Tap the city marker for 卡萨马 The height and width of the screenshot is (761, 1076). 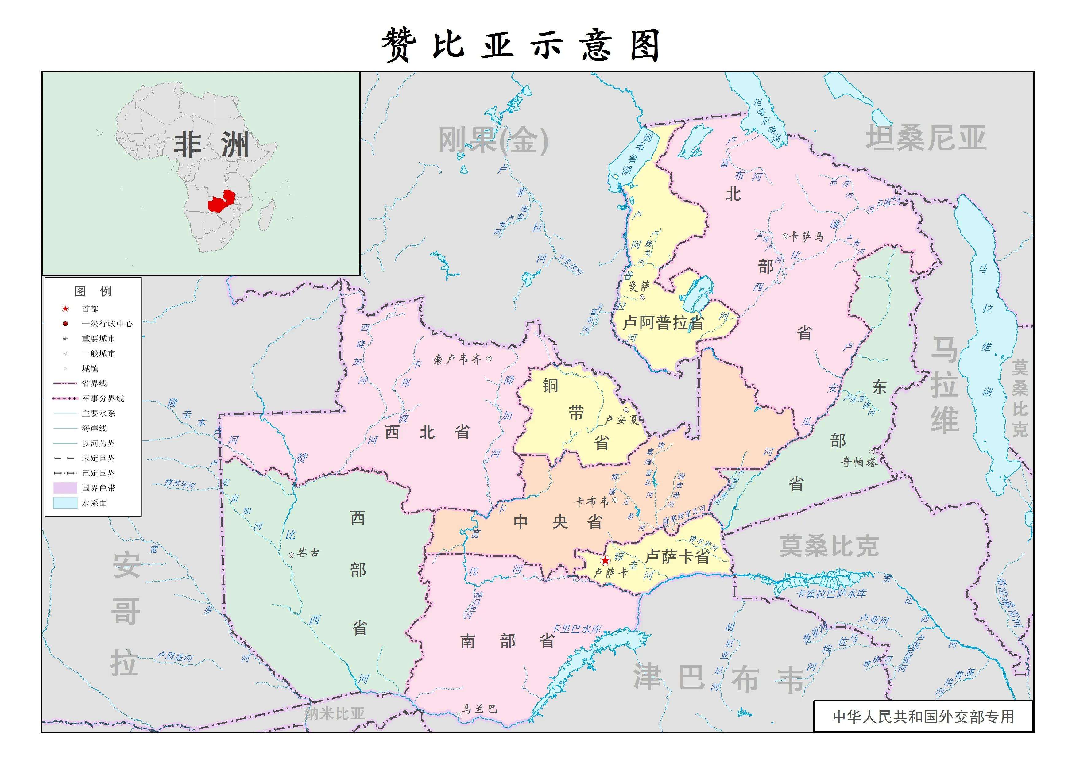(785, 236)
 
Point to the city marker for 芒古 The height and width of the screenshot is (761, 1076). (292, 555)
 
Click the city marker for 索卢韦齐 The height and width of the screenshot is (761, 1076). (489, 359)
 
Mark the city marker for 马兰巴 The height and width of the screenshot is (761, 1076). (458, 714)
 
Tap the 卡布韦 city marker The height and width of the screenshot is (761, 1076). (615, 500)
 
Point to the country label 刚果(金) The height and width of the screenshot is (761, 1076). (493, 140)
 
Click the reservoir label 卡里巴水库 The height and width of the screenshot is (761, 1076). (576, 629)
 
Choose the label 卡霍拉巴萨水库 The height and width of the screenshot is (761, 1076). (832, 593)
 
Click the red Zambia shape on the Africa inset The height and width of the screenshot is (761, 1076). (221, 202)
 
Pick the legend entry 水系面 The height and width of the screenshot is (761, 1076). (94, 503)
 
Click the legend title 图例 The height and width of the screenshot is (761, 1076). (93, 291)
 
